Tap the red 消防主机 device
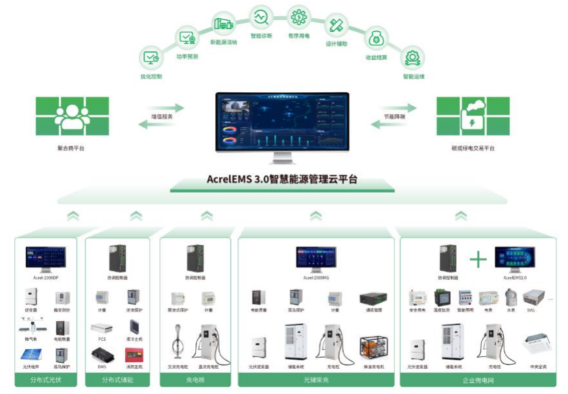[x=134, y=354]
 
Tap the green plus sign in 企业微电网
[x=478, y=260]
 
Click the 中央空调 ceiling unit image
[x=537, y=345]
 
